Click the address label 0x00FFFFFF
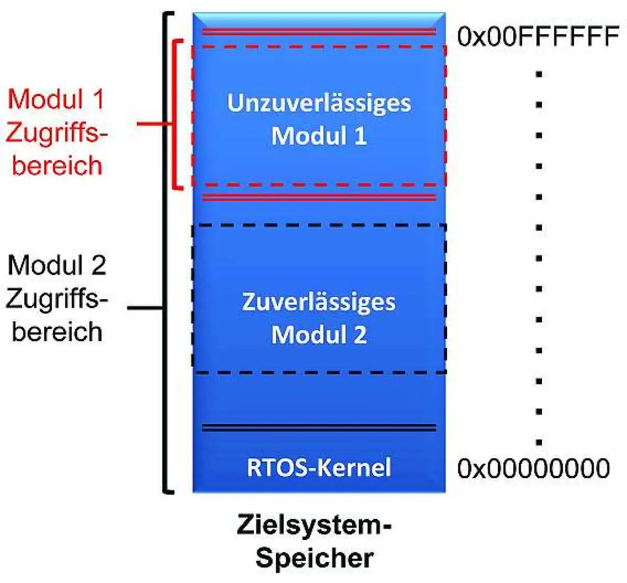[537, 37]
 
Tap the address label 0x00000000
[533, 468]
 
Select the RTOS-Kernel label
[319, 467]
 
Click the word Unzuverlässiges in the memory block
[319, 104]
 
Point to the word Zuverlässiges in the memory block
[319, 302]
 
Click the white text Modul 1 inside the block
[319, 136]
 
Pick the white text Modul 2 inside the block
[319, 335]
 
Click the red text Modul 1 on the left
[56, 99]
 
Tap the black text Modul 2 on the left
[57, 266]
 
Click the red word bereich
[57, 165]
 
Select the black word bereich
[57, 332]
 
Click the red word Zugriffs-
[57, 133]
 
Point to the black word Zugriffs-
[57, 299]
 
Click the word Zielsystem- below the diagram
[314, 525]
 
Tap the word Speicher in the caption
[314, 558]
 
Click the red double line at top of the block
[319, 32]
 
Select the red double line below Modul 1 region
[319, 197]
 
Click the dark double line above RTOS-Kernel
[319, 428]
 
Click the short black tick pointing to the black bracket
[145, 308]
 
